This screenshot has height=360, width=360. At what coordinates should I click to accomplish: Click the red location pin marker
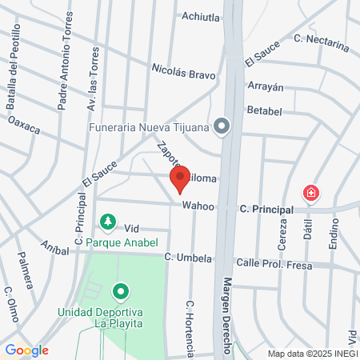pos(180,178)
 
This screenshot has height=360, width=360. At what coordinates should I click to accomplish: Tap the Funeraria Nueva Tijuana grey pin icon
pos(222,125)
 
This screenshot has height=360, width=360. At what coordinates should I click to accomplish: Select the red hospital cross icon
pos(310,193)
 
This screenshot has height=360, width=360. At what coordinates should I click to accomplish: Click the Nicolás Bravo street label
pos(184,74)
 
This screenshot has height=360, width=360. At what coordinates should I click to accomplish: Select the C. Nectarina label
pos(322,42)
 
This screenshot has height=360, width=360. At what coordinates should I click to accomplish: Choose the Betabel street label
pos(264,109)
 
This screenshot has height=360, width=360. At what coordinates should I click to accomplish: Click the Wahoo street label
pos(198,206)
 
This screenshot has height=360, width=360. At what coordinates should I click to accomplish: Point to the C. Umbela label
pos(188,258)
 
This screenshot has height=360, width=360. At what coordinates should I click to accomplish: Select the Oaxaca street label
pos(24,126)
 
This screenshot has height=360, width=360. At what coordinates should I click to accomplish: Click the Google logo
pos(26,350)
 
